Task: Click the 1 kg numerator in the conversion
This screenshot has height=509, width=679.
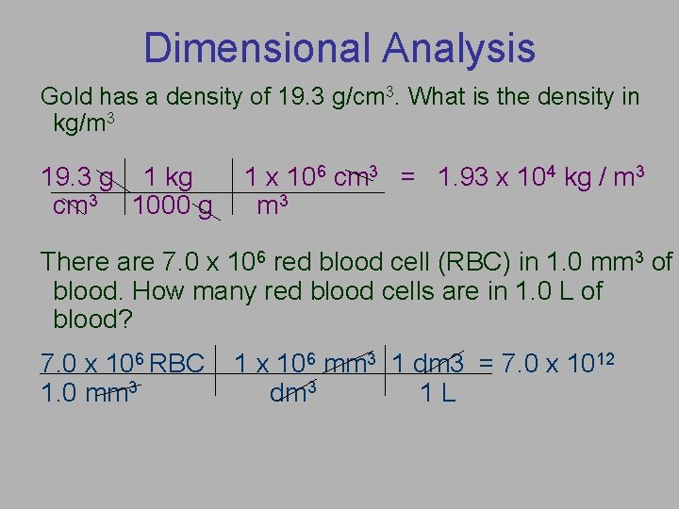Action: coord(167,177)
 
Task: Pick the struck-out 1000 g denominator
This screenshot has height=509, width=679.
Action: coord(173,205)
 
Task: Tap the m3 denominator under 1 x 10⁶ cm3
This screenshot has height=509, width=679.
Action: coord(273,205)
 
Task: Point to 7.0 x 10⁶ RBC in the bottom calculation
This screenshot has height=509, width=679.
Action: coord(123,363)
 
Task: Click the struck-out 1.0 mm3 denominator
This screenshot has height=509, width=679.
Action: coord(91,391)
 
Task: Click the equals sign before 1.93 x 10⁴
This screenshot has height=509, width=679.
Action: coord(408,177)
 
